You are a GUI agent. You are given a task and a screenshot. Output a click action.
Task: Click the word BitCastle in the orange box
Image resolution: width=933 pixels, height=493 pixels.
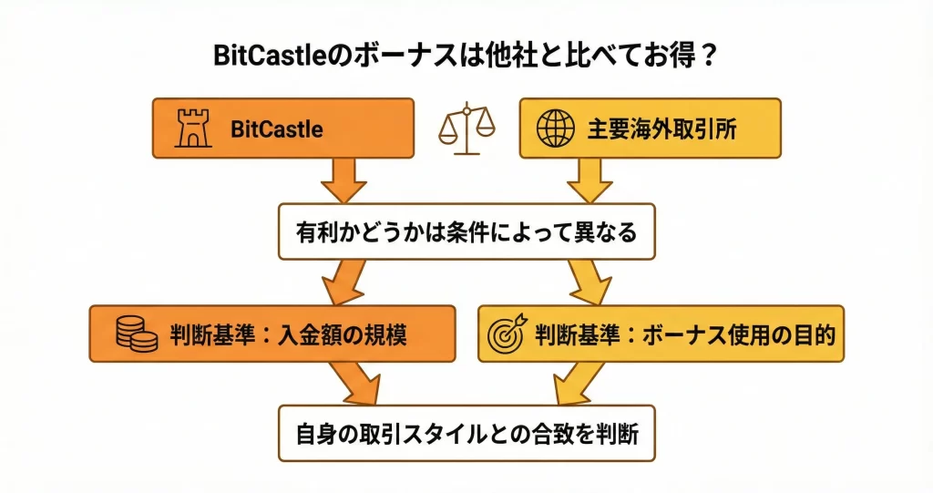coord(277,129)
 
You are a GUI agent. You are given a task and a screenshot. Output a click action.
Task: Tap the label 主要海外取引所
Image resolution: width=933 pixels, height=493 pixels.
coord(661,129)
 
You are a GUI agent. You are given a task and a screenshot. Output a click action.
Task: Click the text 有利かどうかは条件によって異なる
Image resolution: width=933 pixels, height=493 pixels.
coord(466,232)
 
